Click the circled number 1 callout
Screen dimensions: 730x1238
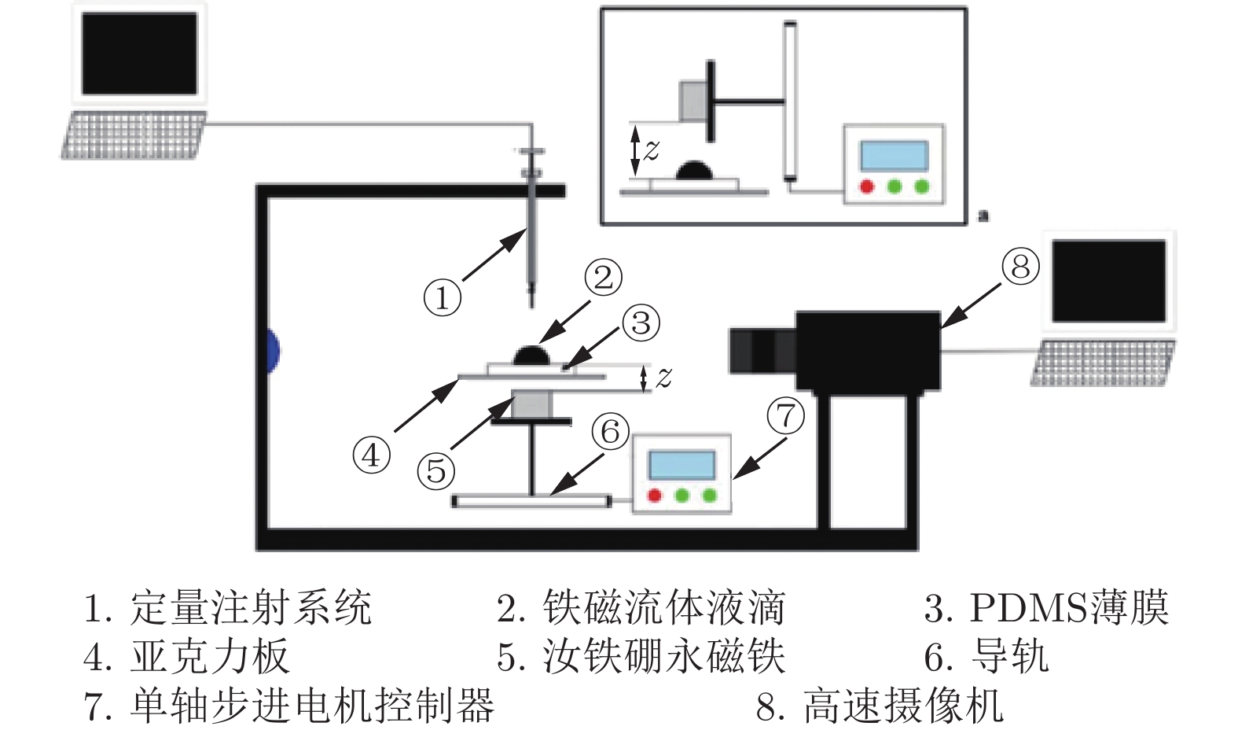(x=442, y=298)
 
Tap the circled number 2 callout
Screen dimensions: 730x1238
(x=603, y=277)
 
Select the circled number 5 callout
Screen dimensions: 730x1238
(x=436, y=471)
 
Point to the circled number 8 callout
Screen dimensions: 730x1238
(x=1020, y=267)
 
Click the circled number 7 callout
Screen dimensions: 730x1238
(x=786, y=415)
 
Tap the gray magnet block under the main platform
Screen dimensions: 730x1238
(x=532, y=404)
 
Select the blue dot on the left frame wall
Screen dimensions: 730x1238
(x=272, y=350)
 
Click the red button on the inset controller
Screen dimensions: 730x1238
(x=866, y=187)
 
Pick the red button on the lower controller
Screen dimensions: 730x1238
(x=654, y=496)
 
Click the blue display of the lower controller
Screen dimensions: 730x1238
(x=681, y=465)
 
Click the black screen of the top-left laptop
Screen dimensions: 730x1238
(x=139, y=53)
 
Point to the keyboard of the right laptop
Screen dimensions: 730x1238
(x=1102, y=363)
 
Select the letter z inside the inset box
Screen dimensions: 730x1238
(x=652, y=149)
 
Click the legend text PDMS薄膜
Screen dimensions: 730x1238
(x=1069, y=608)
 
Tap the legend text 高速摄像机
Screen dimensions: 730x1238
(x=904, y=705)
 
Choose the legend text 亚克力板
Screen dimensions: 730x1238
(x=210, y=657)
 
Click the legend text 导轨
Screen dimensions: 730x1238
(x=1010, y=657)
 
